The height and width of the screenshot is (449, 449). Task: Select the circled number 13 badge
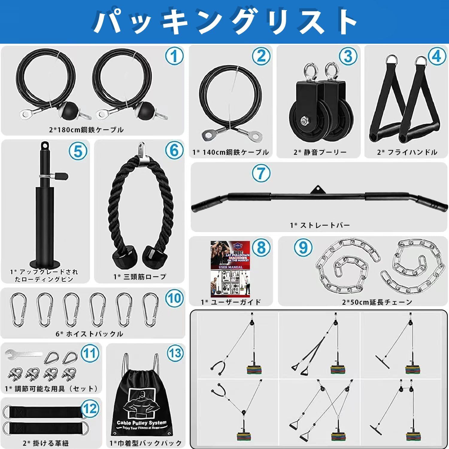175,353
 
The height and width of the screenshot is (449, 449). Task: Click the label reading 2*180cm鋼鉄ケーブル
87,130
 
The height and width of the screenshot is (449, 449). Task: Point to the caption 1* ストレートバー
320,225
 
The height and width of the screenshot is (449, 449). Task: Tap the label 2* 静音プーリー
320,152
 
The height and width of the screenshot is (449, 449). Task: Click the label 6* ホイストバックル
90,334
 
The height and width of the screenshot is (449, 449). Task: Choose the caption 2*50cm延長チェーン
377,302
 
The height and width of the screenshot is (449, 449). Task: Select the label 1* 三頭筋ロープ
140,277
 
